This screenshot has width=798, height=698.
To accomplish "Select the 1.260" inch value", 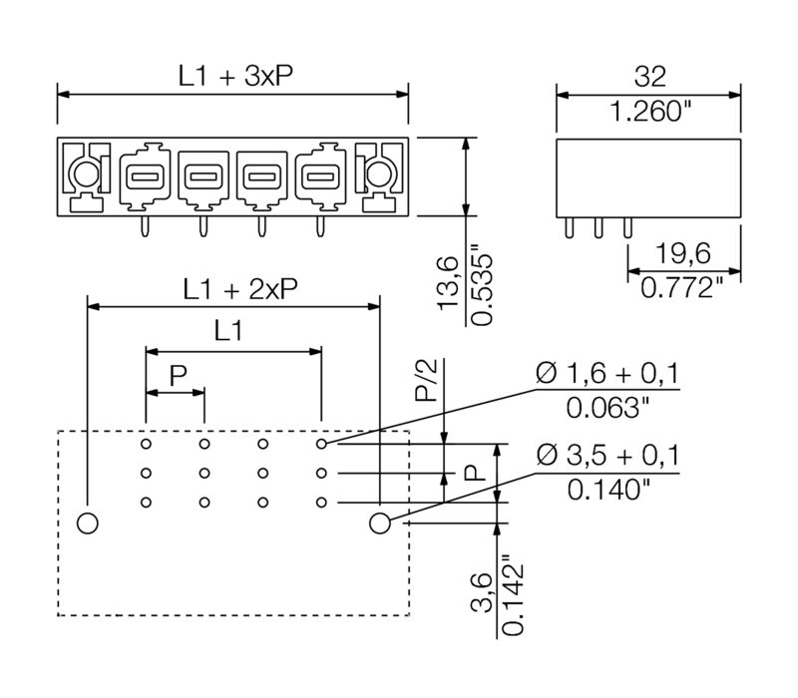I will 649,112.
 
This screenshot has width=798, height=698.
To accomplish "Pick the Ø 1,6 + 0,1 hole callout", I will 607,374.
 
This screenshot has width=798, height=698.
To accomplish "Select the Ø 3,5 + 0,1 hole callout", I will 607,456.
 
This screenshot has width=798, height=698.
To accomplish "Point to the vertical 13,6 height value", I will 449,283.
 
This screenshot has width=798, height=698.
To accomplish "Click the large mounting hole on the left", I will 87,522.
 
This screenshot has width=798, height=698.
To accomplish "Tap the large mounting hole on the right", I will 380,522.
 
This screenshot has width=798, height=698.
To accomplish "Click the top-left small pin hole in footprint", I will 146,443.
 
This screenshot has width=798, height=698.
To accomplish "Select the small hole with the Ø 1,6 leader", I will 322,443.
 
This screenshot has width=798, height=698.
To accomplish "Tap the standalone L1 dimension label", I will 228,332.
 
